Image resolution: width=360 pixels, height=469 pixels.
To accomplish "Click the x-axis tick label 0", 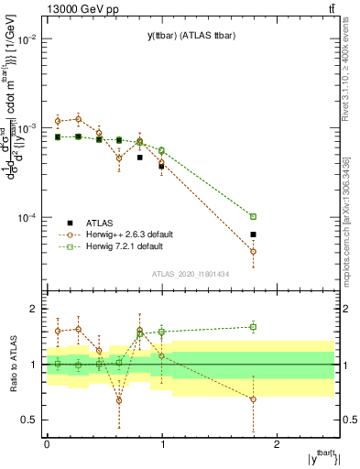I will (x=47, y=443).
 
